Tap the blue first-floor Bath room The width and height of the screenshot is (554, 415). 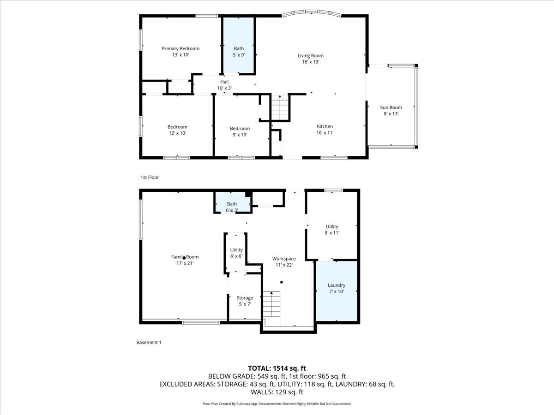[239, 46]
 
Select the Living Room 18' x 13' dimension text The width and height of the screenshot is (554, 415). [310, 62]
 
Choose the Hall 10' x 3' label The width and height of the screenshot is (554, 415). [224, 85]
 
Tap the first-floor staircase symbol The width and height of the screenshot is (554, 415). [279, 107]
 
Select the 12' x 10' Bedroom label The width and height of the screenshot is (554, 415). [177, 130]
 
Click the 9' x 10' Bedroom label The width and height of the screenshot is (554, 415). [240, 131]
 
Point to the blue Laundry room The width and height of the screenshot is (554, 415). [337, 290]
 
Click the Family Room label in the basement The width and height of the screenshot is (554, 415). [185, 260]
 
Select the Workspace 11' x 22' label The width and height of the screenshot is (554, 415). [284, 261]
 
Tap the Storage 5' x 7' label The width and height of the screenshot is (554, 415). [245, 301]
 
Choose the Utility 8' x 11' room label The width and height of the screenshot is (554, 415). [332, 230]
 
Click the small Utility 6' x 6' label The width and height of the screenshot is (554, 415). [236, 253]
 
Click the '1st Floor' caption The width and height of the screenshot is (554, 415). [150, 177]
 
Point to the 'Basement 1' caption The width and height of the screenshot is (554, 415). [149, 342]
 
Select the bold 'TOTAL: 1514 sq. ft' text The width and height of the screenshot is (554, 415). [277, 368]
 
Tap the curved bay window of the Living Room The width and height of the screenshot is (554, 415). [312, 13]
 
